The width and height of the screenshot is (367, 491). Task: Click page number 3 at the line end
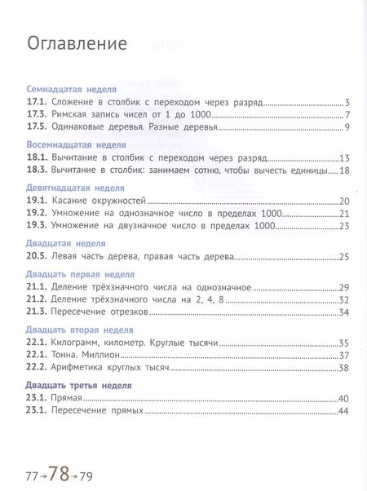347,102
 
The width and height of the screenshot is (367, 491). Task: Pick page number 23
344,226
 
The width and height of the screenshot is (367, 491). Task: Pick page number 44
344,410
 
